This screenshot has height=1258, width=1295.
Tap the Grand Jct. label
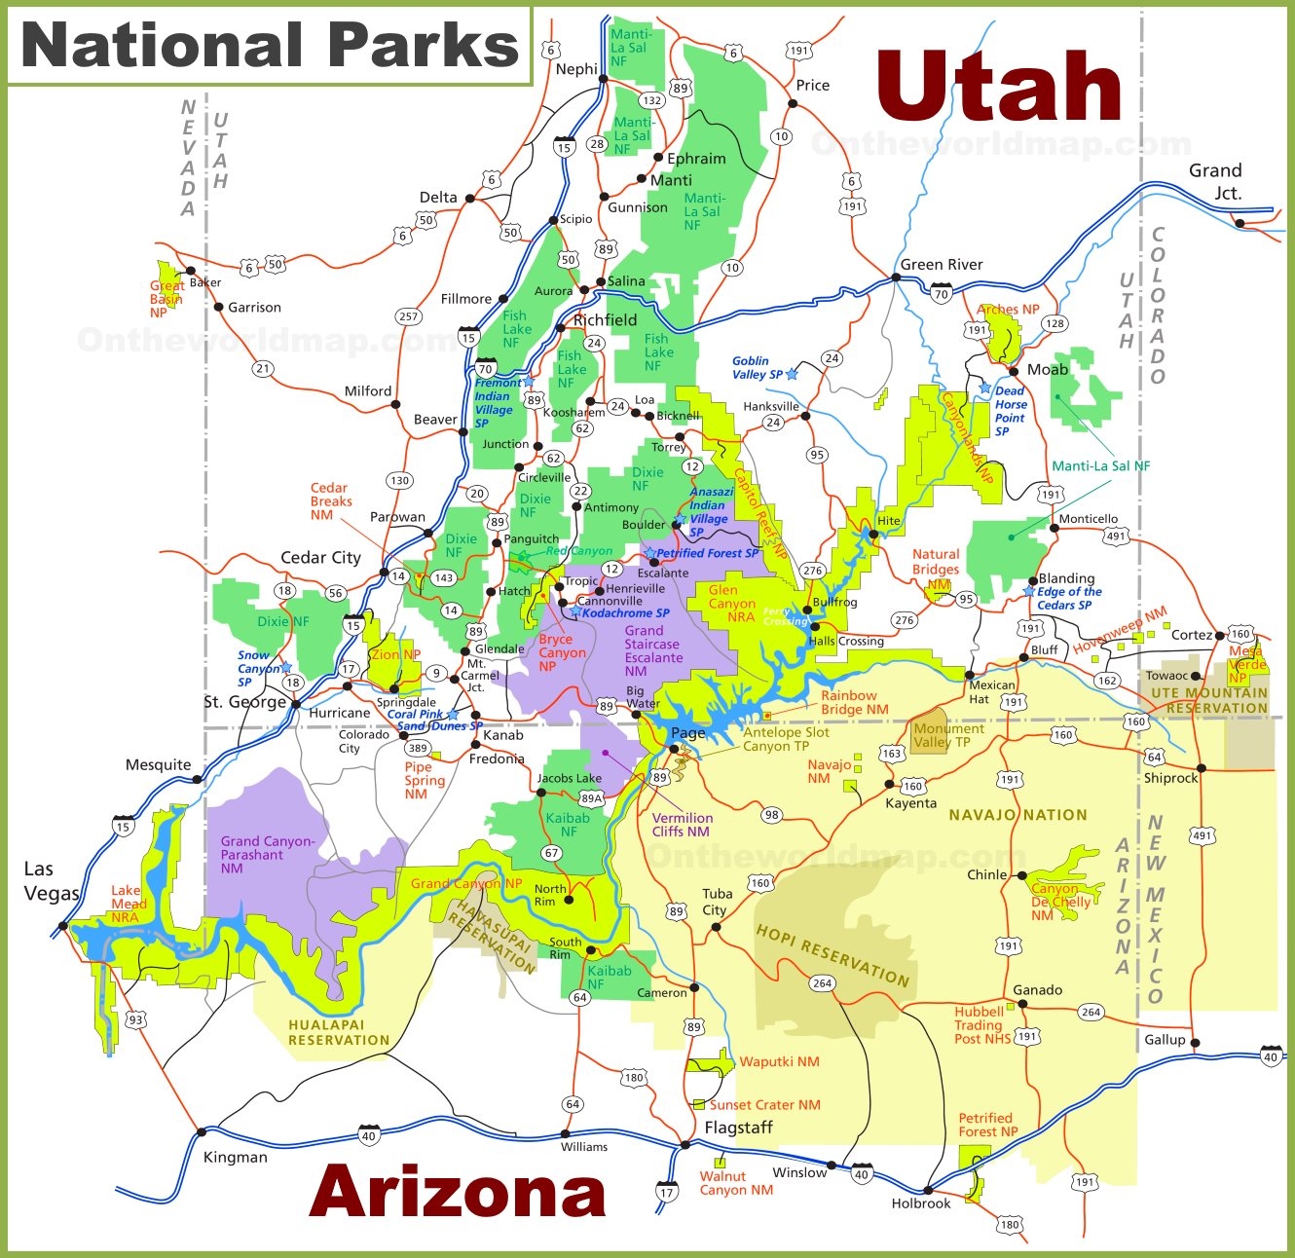point(1215,181)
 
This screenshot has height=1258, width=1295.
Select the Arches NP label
point(1008,310)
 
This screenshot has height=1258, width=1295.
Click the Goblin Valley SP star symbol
point(792,374)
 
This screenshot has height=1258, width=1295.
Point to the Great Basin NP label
point(166,299)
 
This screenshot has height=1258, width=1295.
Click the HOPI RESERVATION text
point(832,955)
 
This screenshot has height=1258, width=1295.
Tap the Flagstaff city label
point(739,1128)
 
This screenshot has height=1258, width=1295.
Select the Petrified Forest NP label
point(987,1125)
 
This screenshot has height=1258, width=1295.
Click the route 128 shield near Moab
point(1054,323)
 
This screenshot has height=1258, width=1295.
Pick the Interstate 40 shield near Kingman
point(368,1135)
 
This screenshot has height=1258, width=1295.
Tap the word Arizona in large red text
point(458,1192)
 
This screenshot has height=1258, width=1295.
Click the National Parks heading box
point(270,46)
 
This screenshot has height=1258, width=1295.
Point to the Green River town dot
point(896,277)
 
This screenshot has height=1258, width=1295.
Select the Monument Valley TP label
point(948,735)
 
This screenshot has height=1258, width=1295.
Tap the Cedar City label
point(320,558)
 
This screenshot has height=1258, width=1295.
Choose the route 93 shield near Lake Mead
point(135,1020)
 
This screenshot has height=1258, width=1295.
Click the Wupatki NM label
point(779,1061)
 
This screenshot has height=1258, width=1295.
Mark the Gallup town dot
point(1195,1043)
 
